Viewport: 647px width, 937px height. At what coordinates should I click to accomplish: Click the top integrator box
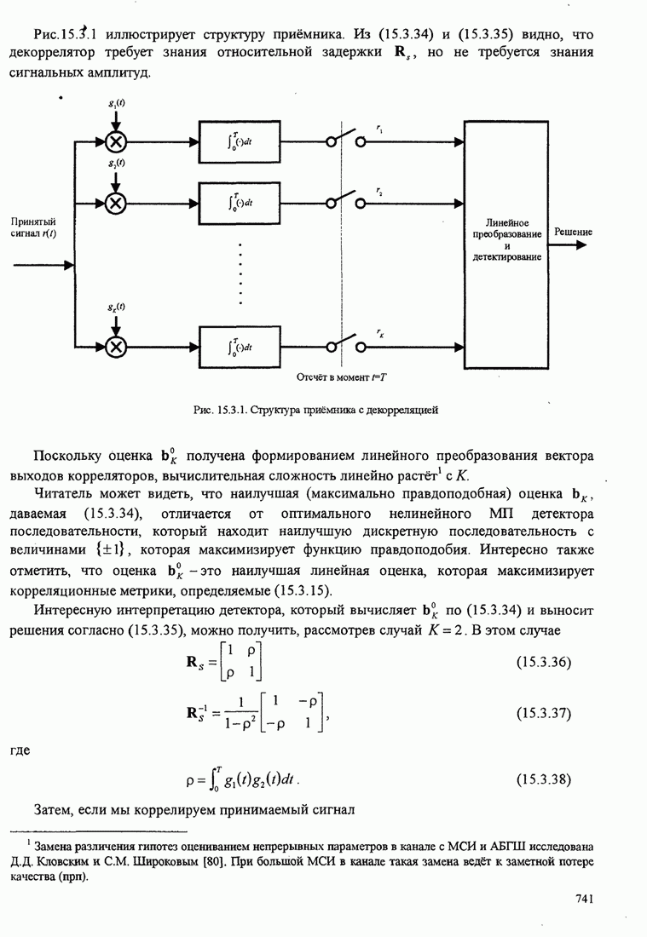(x=240, y=141)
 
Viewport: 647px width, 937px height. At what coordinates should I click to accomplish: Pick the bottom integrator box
(x=240, y=346)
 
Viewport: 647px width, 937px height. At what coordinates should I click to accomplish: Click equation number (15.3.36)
(x=543, y=662)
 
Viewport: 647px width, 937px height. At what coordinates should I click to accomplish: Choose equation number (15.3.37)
(x=543, y=713)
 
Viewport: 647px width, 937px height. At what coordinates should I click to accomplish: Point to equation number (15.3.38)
(x=543, y=779)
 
